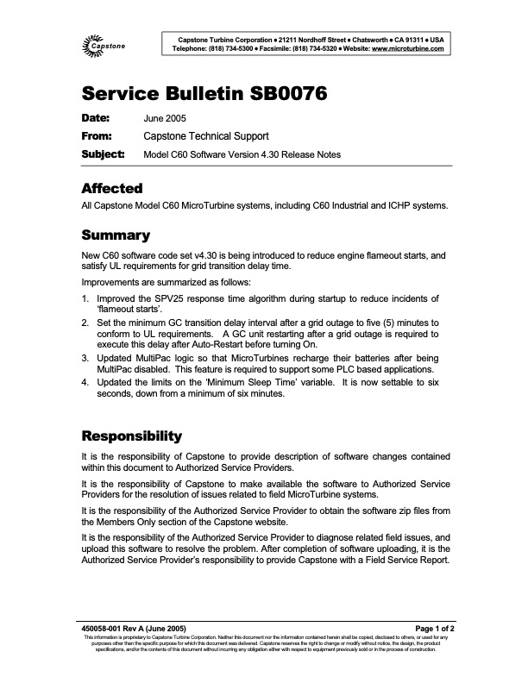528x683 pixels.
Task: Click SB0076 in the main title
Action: coord(280,95)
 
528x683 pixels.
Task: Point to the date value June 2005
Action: coord(164,118)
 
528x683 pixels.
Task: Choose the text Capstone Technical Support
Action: coord(205,136)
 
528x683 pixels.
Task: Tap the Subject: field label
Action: coord(103,154)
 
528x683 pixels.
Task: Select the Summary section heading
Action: coord(116,235)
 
